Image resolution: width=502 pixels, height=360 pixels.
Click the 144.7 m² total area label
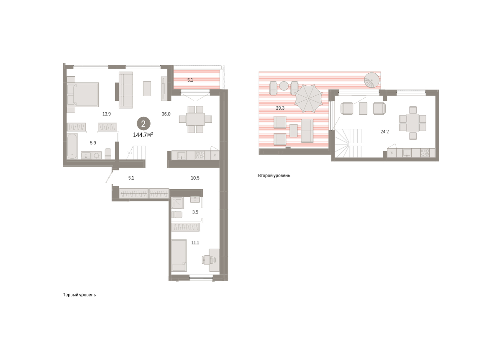coord(143,135)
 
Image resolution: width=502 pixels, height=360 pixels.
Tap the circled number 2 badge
coord(143,123)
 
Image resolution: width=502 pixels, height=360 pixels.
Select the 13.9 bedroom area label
coord(106,114)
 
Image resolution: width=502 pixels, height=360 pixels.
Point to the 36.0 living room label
coord(166,114)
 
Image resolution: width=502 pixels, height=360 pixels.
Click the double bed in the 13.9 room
coord(83,95)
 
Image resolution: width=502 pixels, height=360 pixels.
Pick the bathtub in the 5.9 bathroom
coord(72,146)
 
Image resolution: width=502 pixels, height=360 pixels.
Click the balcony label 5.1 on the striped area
coord(190,80)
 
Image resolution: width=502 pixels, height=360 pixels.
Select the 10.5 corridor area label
coord(195,178)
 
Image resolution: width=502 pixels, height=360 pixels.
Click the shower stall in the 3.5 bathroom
coord(177,203)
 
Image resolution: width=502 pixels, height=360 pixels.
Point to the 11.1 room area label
coord(195,242)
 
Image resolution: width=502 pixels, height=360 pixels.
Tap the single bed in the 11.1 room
coord(179,255)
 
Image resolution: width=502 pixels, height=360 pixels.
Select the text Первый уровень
coord(79,295)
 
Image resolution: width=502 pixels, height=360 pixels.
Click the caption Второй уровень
coord(274,176)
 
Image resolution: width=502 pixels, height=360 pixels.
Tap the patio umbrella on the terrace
coord(308,98)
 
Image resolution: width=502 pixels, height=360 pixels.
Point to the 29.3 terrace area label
coord(280,108)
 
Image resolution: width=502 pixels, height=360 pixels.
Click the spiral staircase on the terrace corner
coord(372,80)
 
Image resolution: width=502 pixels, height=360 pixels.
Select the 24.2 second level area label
coord(384,132)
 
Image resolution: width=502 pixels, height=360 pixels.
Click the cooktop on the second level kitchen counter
coord(425,153)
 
